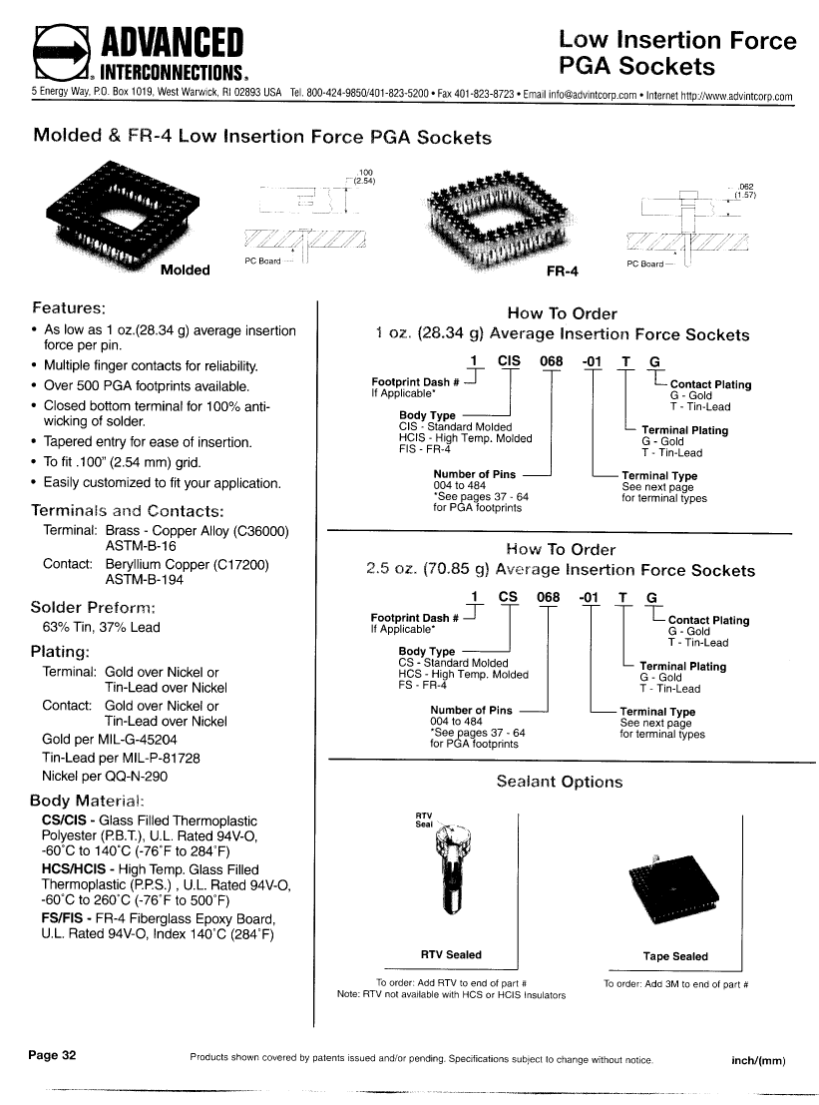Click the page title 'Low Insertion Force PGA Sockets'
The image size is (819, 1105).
pyautogui.click(x=677, y=53)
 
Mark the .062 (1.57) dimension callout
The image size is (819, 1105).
pyautogui.click(x=743, y=191)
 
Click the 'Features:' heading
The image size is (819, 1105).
pyautogui.click(x=76, y=306)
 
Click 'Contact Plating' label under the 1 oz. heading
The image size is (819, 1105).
pyautogui.click(x=710, y=384)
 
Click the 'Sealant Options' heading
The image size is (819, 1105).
pyautogui.click(x=559, y=782)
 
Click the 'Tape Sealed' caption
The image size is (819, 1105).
pyautogui.click(x=675, y=956)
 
